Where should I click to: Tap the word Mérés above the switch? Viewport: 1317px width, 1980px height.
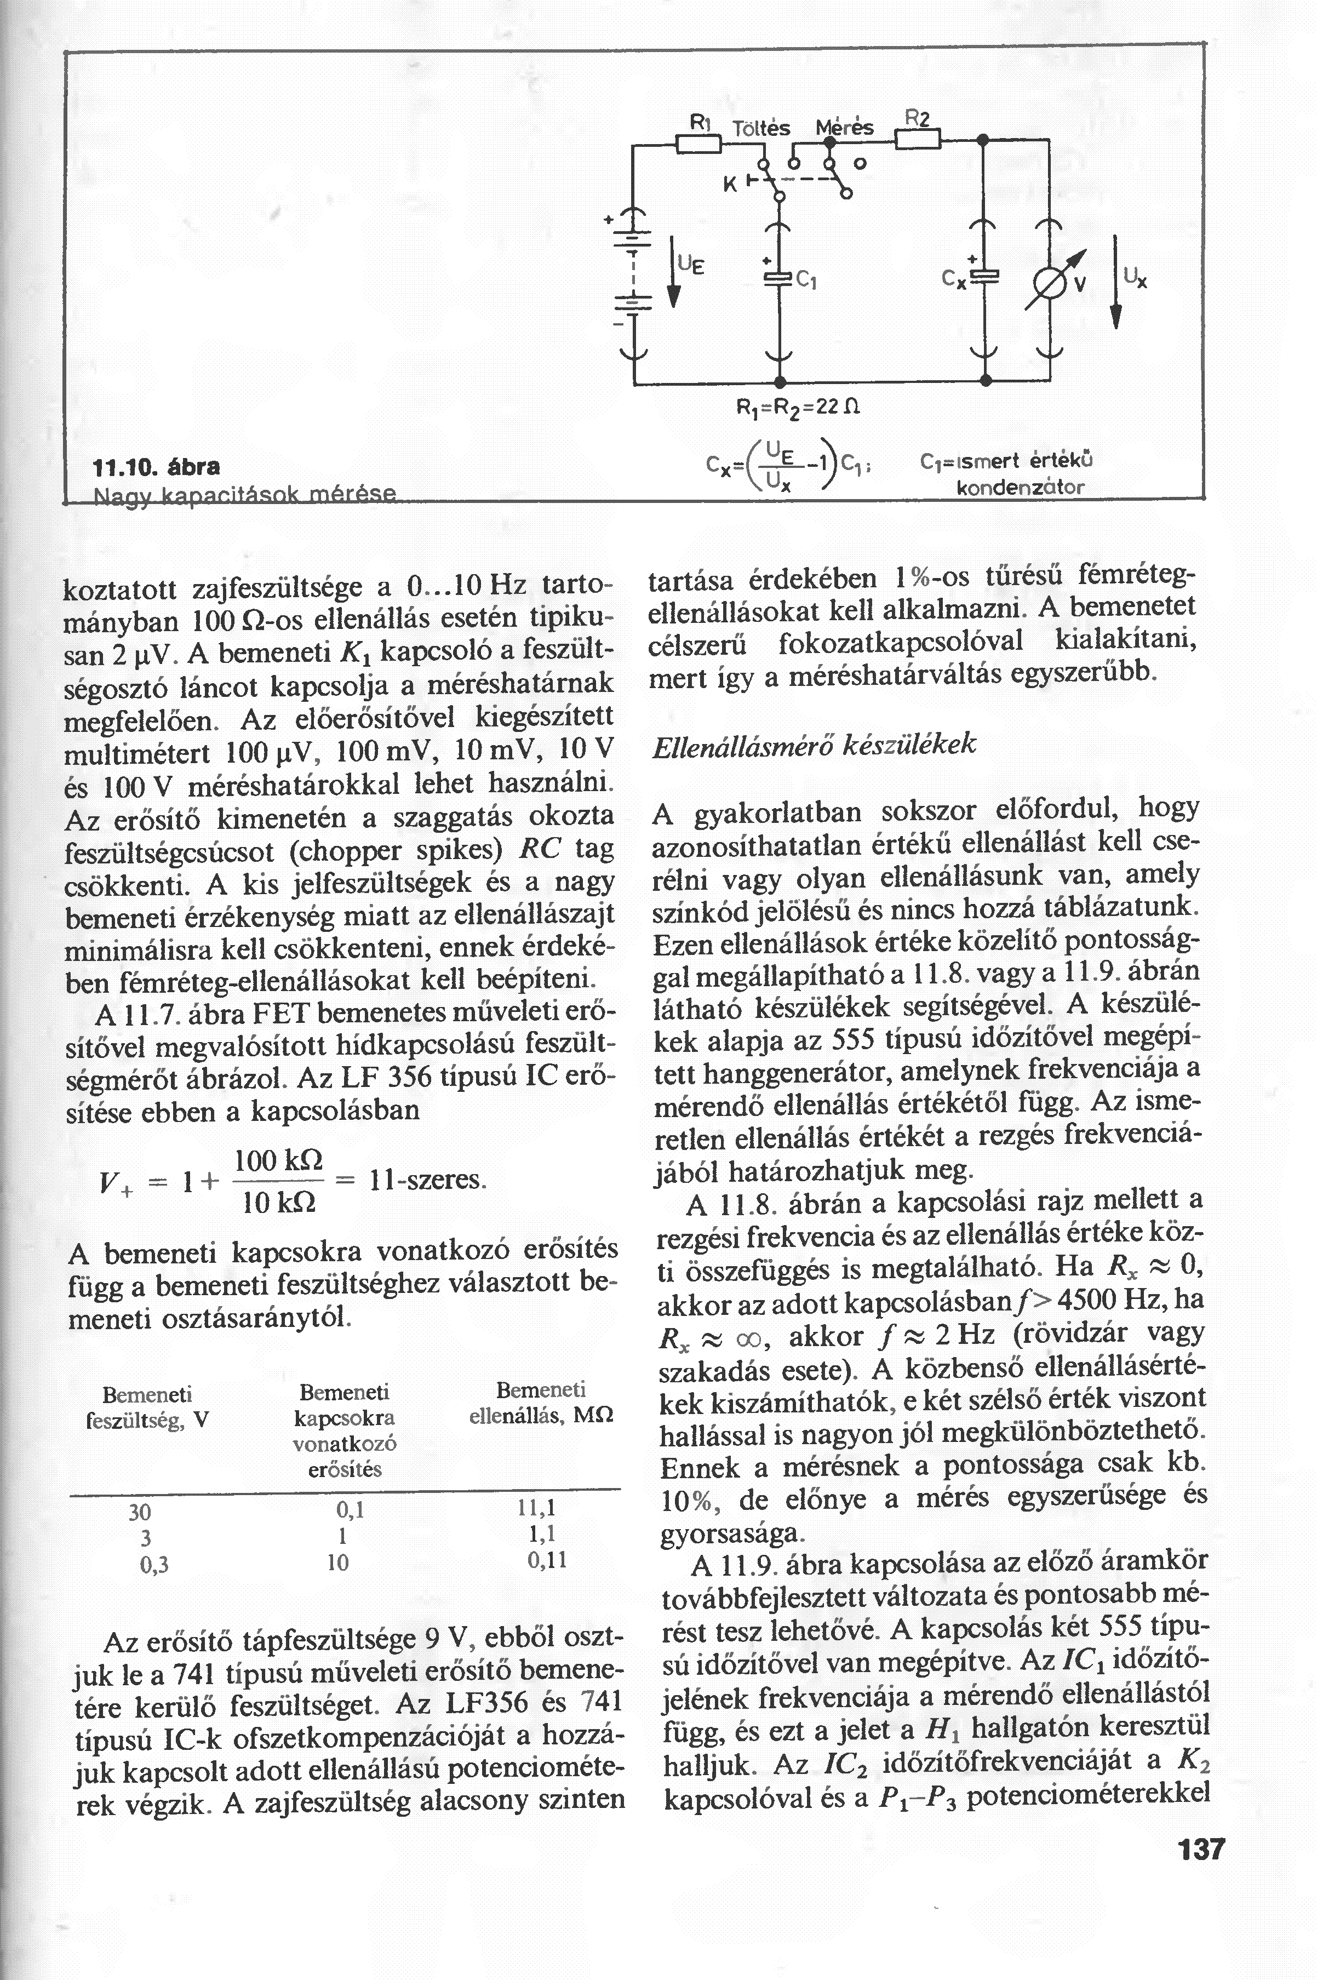click(845, 129)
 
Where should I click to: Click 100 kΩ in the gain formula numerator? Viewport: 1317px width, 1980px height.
click(273, 1161)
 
